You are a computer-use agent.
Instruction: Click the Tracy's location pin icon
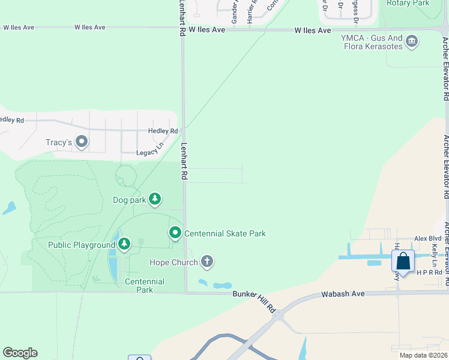pos(82,143)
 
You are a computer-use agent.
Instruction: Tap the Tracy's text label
pos(59,143)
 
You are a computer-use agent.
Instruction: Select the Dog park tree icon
pos(155,199)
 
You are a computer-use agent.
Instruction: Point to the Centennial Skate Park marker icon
pos(175,232)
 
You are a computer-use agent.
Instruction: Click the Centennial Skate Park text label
pos(225,233)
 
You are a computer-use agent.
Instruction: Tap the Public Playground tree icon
pos(124,244)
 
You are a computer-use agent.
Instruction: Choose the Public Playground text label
pos(82,245)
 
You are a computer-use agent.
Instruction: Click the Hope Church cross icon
pos(207,261)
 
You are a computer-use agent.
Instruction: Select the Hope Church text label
pos(173,262)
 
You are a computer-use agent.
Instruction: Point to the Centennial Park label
pos(144,286)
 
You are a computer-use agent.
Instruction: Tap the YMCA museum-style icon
pos(412,41)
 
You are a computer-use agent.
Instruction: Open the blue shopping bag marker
pos(403,262)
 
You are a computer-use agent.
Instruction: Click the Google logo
pos(20,353)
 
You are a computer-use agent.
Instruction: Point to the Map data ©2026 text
pos(424,355)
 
